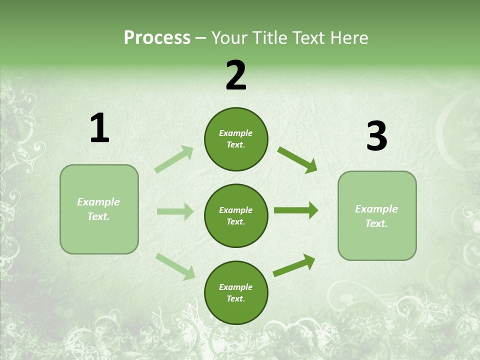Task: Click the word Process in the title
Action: pos(157,38)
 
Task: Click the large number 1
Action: pos(99,128)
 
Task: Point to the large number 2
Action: pos(236,75)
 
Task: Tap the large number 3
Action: pos(377,136)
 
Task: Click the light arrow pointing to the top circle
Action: pos(174,159)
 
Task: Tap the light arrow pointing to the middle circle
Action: pos(175,211)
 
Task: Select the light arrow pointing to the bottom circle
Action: pos(175,266)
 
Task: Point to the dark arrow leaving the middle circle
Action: pos(296,210)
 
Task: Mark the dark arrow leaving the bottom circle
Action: pos(294,265)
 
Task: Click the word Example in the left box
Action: pos(98,202)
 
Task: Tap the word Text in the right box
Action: pos(376,223)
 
